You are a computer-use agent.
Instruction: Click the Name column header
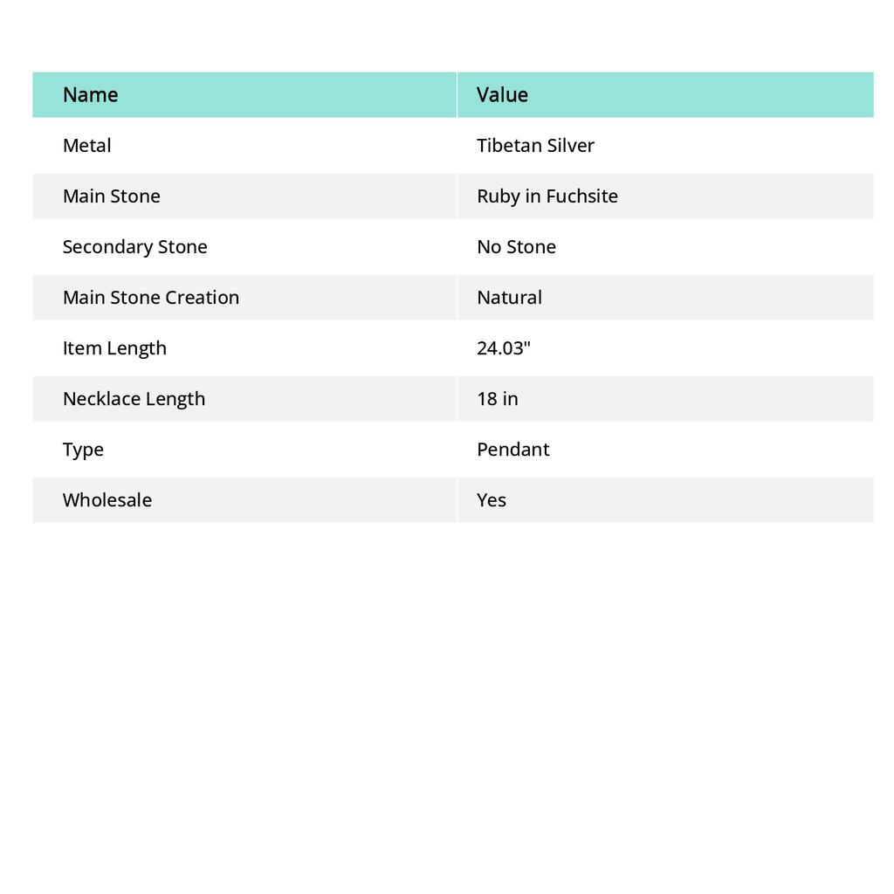90,94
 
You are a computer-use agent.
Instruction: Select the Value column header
502,94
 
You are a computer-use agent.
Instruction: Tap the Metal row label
86,145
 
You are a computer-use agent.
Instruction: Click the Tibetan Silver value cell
535,145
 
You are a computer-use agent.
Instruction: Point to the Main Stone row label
111,196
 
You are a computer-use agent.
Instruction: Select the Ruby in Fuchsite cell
547,196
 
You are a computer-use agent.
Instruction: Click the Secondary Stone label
134,246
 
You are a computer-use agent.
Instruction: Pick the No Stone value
516,246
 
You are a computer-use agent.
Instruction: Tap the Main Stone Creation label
150,297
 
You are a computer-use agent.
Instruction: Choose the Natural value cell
509,297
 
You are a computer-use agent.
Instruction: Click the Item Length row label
114,347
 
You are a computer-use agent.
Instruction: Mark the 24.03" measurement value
504,347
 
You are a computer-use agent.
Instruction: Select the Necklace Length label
134,398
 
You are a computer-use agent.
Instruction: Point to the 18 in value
497,398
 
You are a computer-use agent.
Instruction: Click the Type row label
83,449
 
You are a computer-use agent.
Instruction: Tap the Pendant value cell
512,449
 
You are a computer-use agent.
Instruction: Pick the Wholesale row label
107,499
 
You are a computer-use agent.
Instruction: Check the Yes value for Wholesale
491,499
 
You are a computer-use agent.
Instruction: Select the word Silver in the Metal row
572,145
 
